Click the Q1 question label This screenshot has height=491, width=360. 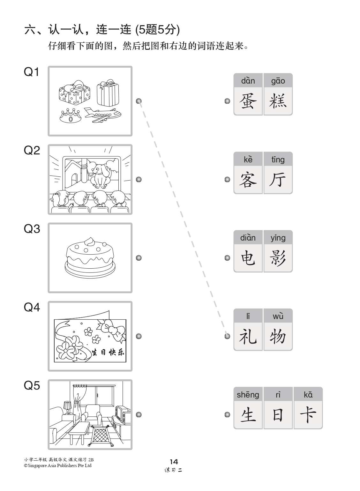point(32,72)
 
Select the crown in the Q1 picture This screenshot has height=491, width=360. point(70,116)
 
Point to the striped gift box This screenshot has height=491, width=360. point(108,93)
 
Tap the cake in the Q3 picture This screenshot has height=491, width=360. point(90,256)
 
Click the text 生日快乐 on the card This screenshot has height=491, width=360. point(108,352)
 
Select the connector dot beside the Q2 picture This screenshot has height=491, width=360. point(139,179)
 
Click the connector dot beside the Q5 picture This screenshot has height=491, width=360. point(139,414)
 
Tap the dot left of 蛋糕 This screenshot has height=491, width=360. point(227,101)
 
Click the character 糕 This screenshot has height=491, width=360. point(278,101)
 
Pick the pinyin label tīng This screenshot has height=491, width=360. point(278,159)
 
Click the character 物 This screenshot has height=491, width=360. point(278,337)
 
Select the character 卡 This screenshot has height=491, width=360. point(308,415)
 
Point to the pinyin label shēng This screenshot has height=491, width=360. point(248,395)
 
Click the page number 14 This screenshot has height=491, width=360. point(174,461)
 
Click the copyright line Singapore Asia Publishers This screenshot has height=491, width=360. point(58,465)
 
